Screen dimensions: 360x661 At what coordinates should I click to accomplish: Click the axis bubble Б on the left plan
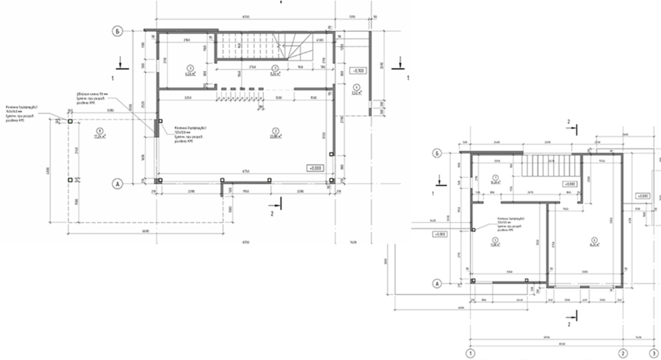tap(118, 31)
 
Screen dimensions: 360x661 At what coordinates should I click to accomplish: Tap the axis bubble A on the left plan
tap(118, 184)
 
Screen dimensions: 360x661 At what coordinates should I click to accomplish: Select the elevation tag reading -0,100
tap(358, 71)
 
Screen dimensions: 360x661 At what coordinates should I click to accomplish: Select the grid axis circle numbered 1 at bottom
tap(470, 354)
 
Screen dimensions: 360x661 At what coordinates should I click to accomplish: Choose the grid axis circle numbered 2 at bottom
tap(623, 354)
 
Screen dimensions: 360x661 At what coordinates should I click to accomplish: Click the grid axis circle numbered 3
tap(653, 354)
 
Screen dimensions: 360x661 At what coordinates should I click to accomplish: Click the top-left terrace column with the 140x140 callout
tap(70, 121)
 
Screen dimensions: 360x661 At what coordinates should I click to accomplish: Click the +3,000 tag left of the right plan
tap(440, 234)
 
